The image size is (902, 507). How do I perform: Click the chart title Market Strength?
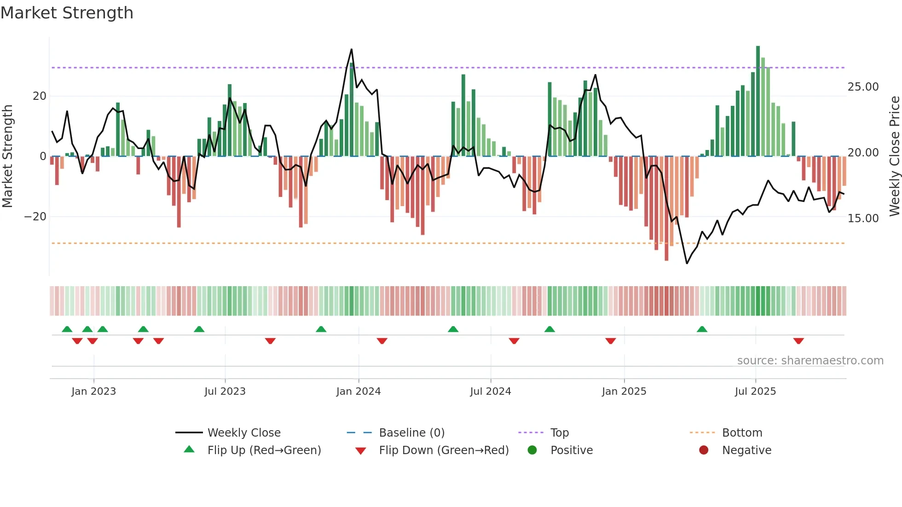[67, 13]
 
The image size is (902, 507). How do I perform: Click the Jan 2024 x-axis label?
[358, 392]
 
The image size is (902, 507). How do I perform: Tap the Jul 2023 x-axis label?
[225, 392]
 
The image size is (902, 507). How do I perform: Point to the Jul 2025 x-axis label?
[755, 392]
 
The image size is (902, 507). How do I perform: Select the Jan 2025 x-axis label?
[624, 392]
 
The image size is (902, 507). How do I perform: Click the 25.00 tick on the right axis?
[863, 87]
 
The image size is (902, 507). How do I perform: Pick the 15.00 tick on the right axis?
[863, 219]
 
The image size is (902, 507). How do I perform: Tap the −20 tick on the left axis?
[35, 217]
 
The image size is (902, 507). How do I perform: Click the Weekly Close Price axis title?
[894, 156]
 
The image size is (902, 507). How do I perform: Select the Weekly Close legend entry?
[243, 433]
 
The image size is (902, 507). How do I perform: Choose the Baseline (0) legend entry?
[411, 433]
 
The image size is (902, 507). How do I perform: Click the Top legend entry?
[559, 433]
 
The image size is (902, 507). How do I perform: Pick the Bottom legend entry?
[742, 433]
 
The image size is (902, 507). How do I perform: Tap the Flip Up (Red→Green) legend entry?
[264, 450]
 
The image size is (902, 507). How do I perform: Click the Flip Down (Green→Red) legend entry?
[444, 450]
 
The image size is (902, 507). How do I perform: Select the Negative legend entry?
[746, 450]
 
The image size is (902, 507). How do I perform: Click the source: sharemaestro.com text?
[810, 361]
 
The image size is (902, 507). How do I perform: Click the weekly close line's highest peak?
[352, 49]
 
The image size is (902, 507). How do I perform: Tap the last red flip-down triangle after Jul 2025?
[798, 341]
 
